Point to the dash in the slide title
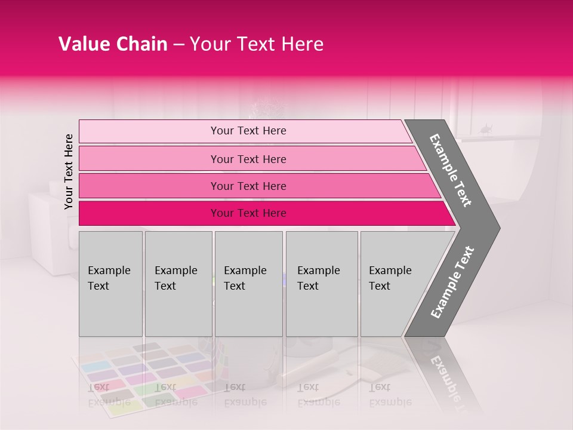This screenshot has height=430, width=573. [x=178, y=45]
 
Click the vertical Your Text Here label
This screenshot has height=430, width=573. [x=69, y=171]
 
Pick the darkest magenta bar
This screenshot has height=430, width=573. [x=263, y=213]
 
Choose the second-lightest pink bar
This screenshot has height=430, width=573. [x=251, y=159]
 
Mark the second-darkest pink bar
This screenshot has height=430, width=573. [x=257, y=186]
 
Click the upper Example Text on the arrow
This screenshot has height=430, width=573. [x=451, y=170]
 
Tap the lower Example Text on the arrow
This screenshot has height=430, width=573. [x=452, y=282]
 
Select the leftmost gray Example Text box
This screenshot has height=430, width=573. [x=110, y=284]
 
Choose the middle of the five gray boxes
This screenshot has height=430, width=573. [x=248, y=284]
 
